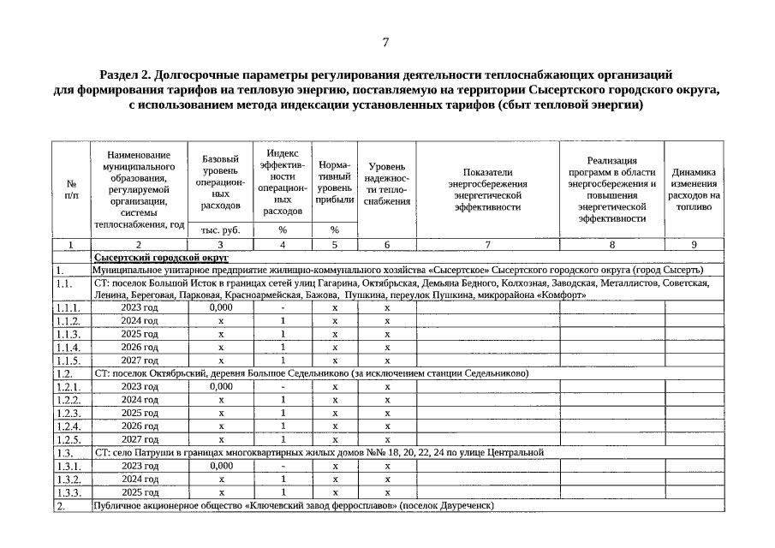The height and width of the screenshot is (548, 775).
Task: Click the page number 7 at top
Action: pyautogui.click(x=386, y=42)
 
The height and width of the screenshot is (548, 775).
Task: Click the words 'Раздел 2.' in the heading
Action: pyautogui.click(x=128, y=74)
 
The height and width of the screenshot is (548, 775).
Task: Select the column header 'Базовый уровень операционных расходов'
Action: pyautogui.click(x=220, y=182)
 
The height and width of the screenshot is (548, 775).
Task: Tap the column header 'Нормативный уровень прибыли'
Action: pyautogui.click(x=335, y=182)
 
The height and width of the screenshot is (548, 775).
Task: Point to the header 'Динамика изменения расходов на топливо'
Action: pyautogui.click(x=694, y=188)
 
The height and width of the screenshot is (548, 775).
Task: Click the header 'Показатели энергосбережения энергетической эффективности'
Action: pyautogui.click(x=487, y=188)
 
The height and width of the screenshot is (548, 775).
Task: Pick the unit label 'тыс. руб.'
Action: pyautogui.click(x=220, y=229)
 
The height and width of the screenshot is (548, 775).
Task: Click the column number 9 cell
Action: pyautogui.click(x=694, y=244)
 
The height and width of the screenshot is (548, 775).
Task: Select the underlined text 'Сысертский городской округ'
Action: pyautogui.click(x=161, y=257)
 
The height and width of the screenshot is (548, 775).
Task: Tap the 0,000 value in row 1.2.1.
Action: pyautogui.click(x=221, y=386)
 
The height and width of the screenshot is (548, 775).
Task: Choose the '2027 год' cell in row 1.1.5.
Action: pyautogui.click(x=140, y=360)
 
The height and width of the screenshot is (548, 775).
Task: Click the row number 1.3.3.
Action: pyautogui.click(x=69, y=493)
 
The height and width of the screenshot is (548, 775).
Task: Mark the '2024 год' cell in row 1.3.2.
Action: pyautogui.click(x=140, y=479)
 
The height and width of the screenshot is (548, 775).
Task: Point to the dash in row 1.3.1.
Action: pyautogui.click(x=283, y=465)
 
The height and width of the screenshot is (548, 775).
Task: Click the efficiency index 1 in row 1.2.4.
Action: pyautogui.click(x=283, y=426)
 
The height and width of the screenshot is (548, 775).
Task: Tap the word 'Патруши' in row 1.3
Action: pyautogui.click(x=151, y=451)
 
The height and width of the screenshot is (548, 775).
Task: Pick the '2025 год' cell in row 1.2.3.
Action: pyautogui.click(x=140, y=413)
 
